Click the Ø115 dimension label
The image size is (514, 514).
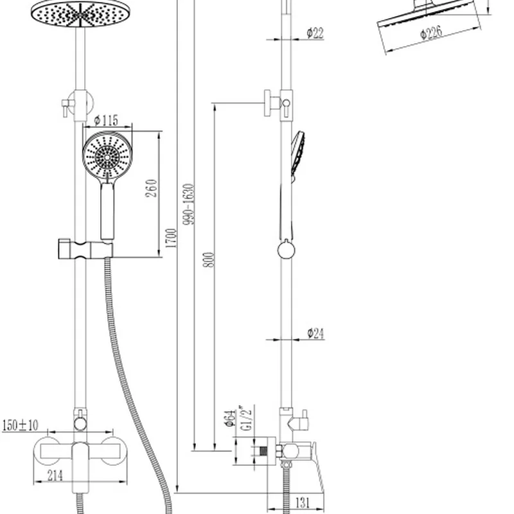point(106,120)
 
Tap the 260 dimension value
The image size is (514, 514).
point(151,188)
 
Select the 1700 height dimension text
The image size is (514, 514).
point(171,238)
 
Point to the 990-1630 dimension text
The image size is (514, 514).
point(189,204)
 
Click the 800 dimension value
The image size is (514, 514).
point(209,260)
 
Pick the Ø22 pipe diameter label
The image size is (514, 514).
point(315,33)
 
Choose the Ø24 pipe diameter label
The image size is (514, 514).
point(315,333)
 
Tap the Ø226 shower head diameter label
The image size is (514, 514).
point(431,33)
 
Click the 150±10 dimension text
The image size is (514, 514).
point(20,425)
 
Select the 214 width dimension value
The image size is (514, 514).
point(55,475)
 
